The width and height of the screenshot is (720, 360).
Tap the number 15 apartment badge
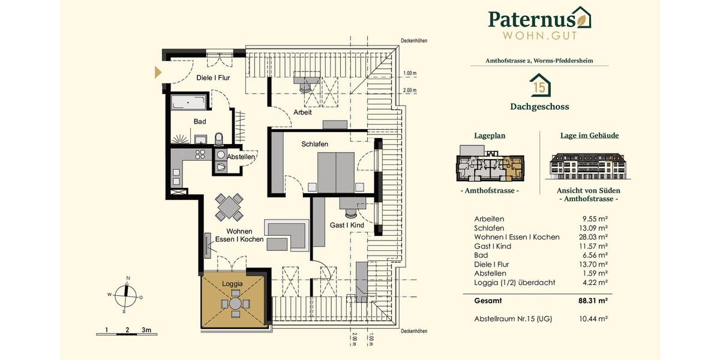(539, 86)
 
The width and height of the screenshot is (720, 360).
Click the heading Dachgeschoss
(539, 107)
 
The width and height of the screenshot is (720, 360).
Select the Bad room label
(200, 121)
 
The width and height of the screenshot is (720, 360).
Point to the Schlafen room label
(314, 144)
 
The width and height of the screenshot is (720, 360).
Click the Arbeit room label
(302, 112)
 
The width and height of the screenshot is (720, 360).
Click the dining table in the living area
(230, 207)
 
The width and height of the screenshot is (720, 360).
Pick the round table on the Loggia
(235, 304)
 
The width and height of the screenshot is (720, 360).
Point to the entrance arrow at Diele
(158, 73)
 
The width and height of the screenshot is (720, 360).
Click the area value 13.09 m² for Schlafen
(595, 228)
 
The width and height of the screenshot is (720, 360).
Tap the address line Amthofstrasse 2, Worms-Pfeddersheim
(539, 61)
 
